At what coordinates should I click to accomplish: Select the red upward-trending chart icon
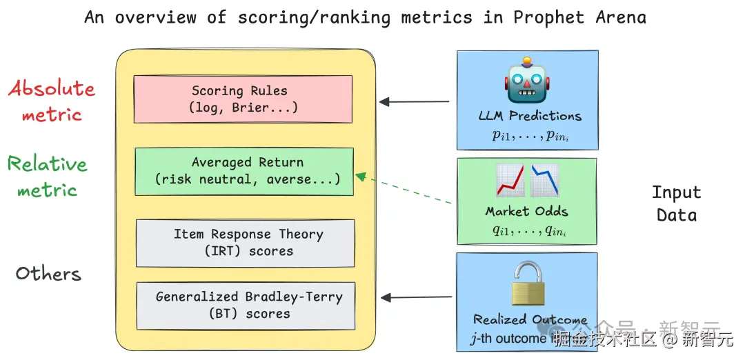(510, 181)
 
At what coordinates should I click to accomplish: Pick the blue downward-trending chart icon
(545, 181)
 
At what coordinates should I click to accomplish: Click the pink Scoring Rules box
(243, 99)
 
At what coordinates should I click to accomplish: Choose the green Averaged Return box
(244, 171)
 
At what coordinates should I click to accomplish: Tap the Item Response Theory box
(245, 243)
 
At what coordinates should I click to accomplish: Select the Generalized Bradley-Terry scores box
(245, 305)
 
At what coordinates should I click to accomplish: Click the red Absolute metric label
(52, 101)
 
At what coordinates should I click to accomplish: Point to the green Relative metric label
(48, 176)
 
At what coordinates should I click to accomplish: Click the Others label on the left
(48, 274)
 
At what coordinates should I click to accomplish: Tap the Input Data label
(676, 203)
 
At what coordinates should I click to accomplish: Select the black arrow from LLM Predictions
(414, 102)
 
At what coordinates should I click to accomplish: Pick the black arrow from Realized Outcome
(417, 298)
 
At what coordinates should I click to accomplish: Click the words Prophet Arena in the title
(579, 17)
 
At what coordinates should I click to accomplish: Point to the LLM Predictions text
(530, 116)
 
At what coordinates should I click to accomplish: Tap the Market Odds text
(527, 212)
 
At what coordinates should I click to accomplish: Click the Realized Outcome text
(530, 320)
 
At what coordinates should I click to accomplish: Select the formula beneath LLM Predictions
(530, 135)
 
